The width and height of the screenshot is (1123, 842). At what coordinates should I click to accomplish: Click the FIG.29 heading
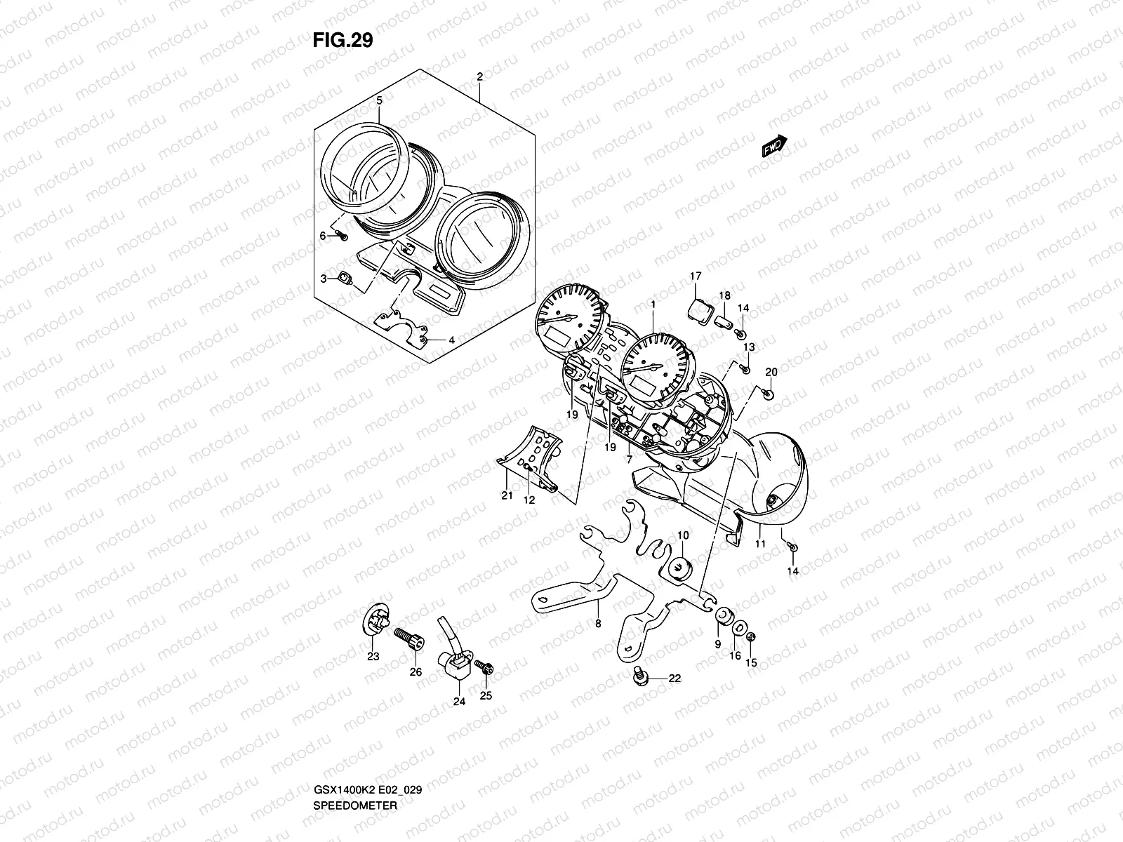coord(343,41)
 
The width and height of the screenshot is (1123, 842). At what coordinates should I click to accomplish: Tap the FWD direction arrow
coord(774,146)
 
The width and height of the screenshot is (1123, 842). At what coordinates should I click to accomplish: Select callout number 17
coord(696,276)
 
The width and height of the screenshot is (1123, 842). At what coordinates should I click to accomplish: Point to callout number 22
coord(675,678)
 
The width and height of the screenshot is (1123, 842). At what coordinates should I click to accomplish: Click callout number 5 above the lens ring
coord(379,100)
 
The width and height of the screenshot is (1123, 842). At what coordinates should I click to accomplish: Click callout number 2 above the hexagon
coord(479,76)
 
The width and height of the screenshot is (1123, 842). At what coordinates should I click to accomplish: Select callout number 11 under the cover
coord(759,544)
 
